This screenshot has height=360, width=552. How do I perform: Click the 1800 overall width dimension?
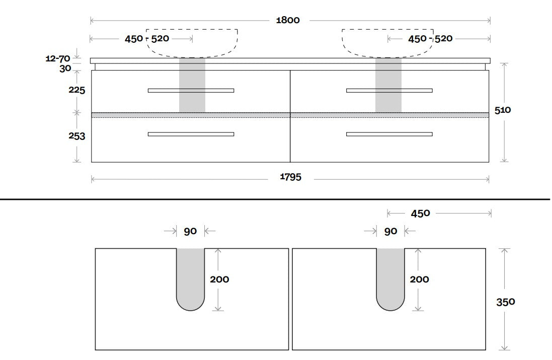click(x=288, y=20)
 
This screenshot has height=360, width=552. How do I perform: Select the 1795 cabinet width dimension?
click(x=290, y=177)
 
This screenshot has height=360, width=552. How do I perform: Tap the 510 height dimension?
click(x=502, y=110)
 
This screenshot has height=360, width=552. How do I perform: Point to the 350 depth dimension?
click(x=506, y=302)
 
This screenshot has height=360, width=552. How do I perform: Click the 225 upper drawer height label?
click(x=77, y=90)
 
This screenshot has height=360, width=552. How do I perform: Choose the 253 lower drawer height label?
click(x=77, y=136)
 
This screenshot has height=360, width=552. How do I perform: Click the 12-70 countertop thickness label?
click(x=58, y=58)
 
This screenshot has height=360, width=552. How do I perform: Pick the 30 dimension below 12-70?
click(x=65, y=68)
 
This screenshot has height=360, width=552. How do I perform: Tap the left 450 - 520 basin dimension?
click(x=147, y=38)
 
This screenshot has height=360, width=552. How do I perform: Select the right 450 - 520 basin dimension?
click(x=430, y=38)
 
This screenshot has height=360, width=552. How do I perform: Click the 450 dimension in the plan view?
click(x=420, y=213)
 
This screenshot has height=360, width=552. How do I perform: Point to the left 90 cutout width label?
click(x=190, y=232)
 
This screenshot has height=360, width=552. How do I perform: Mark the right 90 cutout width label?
click(x=390, y=232)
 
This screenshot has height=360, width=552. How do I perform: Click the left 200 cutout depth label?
click(x=219, y=279)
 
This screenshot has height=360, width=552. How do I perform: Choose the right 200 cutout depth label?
click(x=419, y=279)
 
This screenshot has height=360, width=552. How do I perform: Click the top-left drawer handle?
click(x=191, y=91)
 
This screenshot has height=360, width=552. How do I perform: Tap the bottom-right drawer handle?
click(x=389, y=134)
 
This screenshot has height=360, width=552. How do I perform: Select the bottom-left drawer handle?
click(x=191, y=134)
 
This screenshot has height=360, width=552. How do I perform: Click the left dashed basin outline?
click(x=192, y=57)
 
